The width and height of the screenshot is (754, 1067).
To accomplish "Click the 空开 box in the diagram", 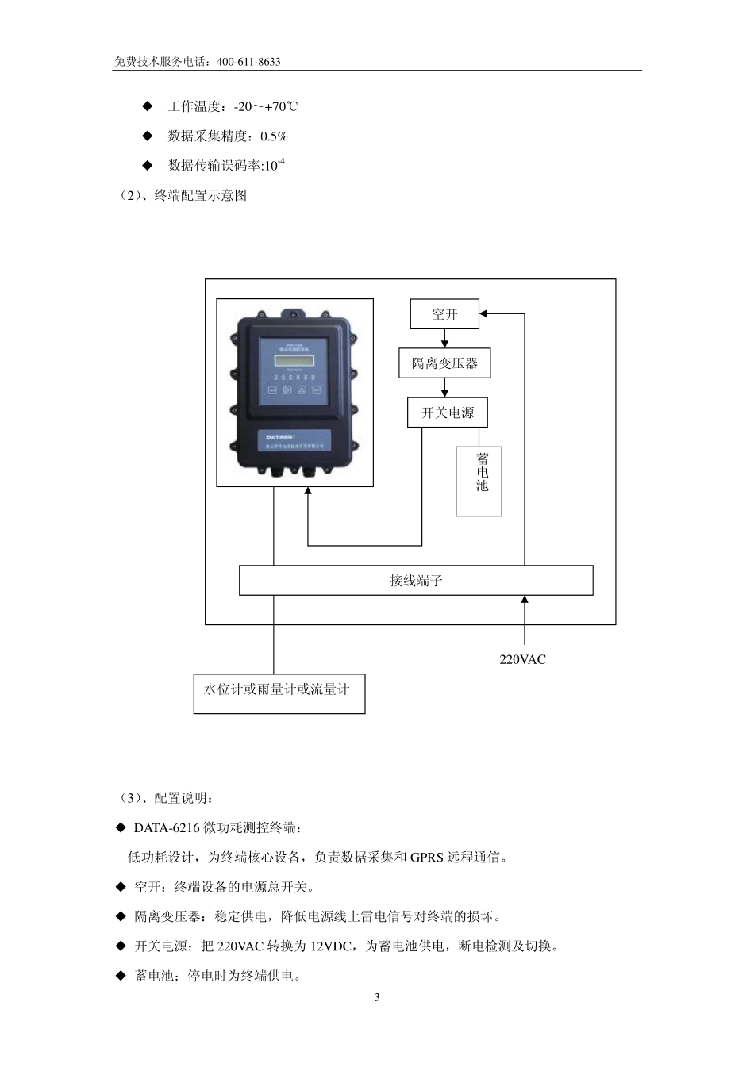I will click(444, 314).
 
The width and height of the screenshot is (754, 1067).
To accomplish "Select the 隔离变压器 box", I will click(444, 363).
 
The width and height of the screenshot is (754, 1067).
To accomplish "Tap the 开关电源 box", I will click(447, 413).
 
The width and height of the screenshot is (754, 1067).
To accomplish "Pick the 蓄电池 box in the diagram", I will click(479, 481).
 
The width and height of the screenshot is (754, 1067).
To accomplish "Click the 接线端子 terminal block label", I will click(416, 580).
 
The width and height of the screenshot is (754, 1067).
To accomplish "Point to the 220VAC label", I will click(522, 659).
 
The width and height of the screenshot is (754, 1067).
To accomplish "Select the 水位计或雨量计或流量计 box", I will click(279, 693).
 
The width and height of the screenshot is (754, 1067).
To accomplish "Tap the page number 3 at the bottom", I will click(377, 997).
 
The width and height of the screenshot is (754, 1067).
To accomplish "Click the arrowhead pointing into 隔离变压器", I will click(444, 345).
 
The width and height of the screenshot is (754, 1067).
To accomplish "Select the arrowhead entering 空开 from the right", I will click(485, 313).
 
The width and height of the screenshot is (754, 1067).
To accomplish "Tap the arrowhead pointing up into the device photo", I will click(308, 491).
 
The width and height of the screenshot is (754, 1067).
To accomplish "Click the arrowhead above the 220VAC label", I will click(524, 599).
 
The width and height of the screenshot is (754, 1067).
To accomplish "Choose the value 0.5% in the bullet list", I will click(274, 136).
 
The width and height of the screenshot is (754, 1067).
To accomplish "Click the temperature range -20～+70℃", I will click(266, 106).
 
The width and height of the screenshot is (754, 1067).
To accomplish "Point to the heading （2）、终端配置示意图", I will click(183, 195).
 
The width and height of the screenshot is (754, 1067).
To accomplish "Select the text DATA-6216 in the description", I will click(167, 827).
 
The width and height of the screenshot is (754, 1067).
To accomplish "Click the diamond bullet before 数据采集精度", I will click(147, 136).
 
